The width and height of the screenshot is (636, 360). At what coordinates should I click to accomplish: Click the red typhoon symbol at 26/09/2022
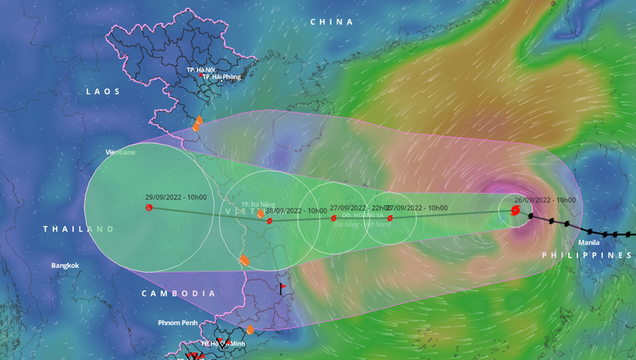coord(515,211)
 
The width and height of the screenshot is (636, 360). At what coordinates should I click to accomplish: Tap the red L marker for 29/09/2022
coord(149,208)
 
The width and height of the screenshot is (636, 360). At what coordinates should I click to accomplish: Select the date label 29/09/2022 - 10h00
coord(176,197)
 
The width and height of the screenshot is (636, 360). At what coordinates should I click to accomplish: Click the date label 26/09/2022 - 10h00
coord(545,200)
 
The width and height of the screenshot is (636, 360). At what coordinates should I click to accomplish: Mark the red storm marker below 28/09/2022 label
coord(270,221)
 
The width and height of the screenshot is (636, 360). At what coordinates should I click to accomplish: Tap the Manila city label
coord(588,242)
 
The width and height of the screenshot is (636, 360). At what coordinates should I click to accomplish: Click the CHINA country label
coord(331,22)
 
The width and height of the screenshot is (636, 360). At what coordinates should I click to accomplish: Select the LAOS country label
coord(103,92)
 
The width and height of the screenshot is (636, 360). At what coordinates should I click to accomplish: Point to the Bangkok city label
coord(65,265)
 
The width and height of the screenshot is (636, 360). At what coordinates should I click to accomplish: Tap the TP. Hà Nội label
coord(202,70)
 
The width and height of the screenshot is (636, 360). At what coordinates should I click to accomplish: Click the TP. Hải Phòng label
coord(219,77)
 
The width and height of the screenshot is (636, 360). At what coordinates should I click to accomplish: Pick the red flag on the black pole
coord(281,288)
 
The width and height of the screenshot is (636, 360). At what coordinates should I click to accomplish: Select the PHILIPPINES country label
coord(588,255)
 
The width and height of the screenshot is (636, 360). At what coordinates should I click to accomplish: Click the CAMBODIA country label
coord(179,293)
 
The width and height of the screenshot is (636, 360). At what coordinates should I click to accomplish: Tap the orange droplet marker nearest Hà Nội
coord(198,123)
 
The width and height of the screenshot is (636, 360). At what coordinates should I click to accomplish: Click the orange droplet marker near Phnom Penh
coord(250,329)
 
